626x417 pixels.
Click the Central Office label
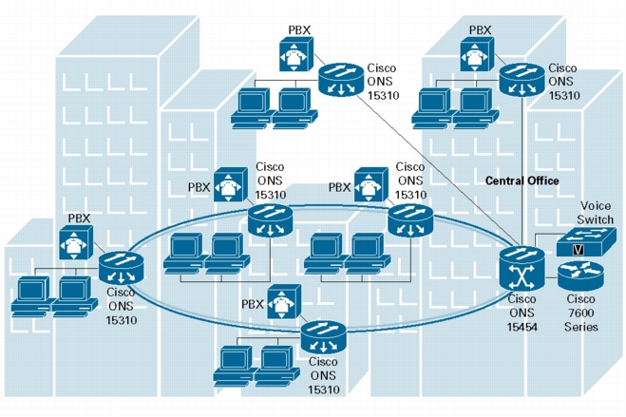(x=522, y=180)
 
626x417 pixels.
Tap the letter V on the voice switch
(x=578, y=250)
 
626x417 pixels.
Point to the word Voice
(x=596, y=206)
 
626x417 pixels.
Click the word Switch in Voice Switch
(x=595, y=219)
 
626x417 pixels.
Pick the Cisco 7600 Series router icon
(x=580, y=275)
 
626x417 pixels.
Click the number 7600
(x=580, y=313)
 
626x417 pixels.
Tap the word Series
(x=581, y=327)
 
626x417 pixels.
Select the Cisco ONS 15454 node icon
(x=522, y=268)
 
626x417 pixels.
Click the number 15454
(x=522, y=327)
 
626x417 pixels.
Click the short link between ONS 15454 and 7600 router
(x=551, y=276)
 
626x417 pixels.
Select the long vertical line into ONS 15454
(x=522, y=172)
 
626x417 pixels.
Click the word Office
(x=541, y=180)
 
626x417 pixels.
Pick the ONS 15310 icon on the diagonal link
(x=341, y=80)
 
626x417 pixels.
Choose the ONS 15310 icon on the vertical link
(x=522, y=80)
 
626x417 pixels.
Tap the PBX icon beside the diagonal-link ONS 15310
(x=295, y=54)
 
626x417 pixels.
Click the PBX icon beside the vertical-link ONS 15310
(x=477, y=54)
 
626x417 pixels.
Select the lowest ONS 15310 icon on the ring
(x=323, y=337)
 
